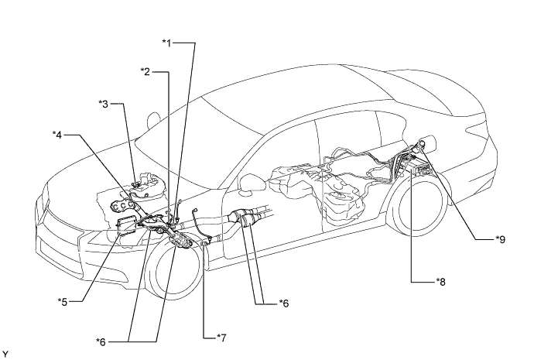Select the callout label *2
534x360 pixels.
(145, 71)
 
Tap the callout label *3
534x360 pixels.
(104, 102)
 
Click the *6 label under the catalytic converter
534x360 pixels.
(285, 303)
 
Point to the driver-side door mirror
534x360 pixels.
(252, 183)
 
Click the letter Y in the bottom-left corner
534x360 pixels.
(5, 354)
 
